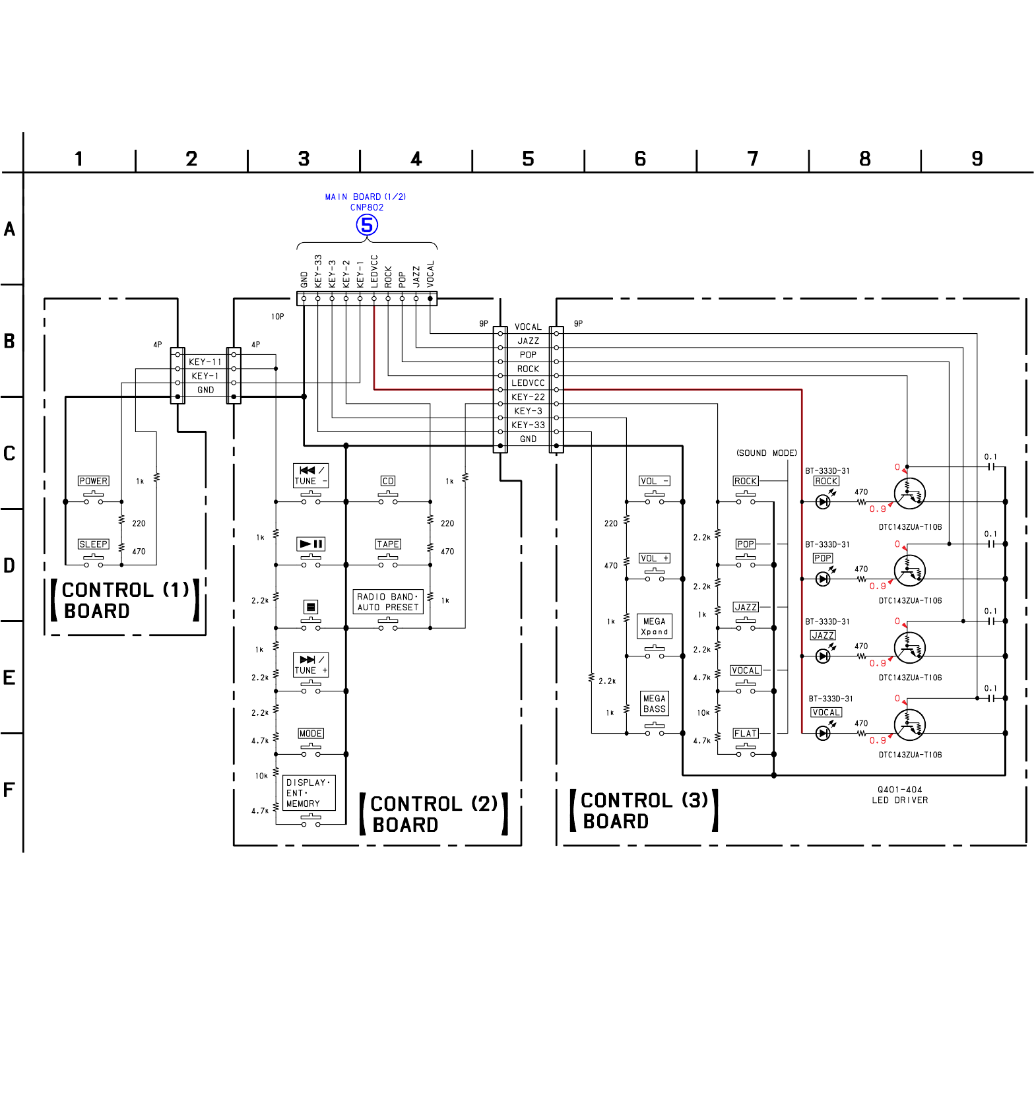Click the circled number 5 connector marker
pyautogui.click(x=367, y=225)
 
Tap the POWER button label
pyautogui.click(x=93, y=481)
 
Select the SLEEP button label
pyautogui.click(x=93, y=544)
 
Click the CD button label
pyautogui.click(x=388, y=481)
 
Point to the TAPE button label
pyautogui.click(x=388, y=544)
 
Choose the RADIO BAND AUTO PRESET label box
pyautogui.click(x=388, y=602)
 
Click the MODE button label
pyautogui.click(x=311, y=734)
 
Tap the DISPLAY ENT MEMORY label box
pyautogui.click(x=309, y=793)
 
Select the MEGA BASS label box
pyautogui.click(x=655, y=704)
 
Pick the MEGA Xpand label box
pyautogui.click(x=655, y=626)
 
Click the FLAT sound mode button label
pyautogui.click(x=746, y=734)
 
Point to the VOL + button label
pyautogui.click(x=654, y=558)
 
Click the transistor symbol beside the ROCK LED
pyautogui.click(x=909, y=494)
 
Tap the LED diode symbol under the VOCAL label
pyautogui.click(x=823, y=733)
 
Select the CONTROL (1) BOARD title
pyautogui.click(x=125, y=600)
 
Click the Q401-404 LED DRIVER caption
pyautogui.click(x=900, y=795)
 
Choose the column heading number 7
pyautogui.click(x=753, y=159)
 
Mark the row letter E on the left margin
pyautogui.click(x=9, y=678)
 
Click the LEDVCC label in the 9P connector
pyautogui.click(x=528, y=383)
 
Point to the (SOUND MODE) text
pyautogui.click(x=767, y=453)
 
